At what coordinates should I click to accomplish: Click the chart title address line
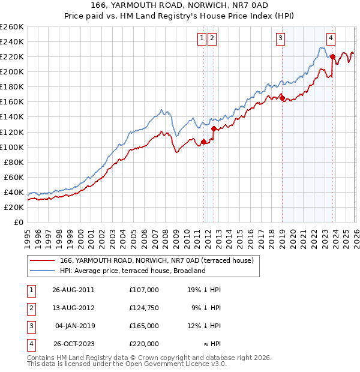[x=179, y=5]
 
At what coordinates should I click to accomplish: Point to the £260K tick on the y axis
[x=12, y=27]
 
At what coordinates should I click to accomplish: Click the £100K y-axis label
[x=12, y=147]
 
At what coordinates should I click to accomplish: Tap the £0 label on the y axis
[x=18, y=222]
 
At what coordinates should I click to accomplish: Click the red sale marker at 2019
[x=282, y=98]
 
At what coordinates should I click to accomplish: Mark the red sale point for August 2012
[x=214, y=128]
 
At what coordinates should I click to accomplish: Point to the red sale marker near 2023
[x=332, y=57]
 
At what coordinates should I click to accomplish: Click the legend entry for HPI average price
[x=133, y=271]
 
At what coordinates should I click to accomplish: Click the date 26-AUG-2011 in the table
[x=73, y=290]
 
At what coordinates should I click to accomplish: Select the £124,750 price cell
[x=144, y=308]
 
